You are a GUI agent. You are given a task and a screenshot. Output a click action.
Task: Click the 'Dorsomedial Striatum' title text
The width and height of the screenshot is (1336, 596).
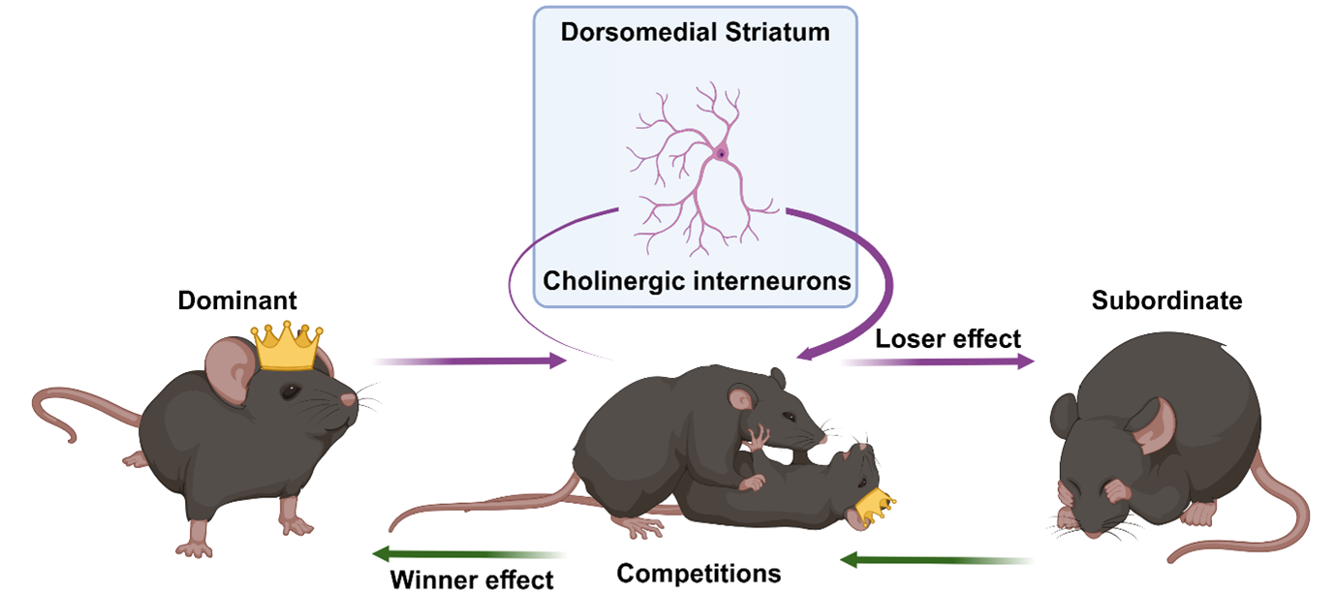pos(696,32)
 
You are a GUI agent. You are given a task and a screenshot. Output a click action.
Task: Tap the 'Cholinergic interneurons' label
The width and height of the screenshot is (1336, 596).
pos(697,281)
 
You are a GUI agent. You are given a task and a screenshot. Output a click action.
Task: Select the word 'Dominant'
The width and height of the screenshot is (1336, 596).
pos(237,301)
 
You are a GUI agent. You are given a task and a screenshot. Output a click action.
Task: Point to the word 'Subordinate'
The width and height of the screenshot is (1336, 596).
pos(1166,300)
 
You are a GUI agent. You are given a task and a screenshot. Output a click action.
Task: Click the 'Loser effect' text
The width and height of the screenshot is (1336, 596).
pos(948,338)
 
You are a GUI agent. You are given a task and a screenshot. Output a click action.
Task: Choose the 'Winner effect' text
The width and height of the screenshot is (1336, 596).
pos(472,580)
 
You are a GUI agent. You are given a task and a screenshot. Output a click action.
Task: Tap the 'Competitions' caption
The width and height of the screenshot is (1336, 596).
pos(699,573)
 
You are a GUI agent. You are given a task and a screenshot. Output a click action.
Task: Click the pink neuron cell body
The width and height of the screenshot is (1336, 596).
pos(721,152)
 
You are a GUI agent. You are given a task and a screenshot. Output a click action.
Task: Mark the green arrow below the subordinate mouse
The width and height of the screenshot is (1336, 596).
pos(935,559)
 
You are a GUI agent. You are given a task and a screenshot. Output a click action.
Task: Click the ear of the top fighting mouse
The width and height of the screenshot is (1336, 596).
pos(742,397)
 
